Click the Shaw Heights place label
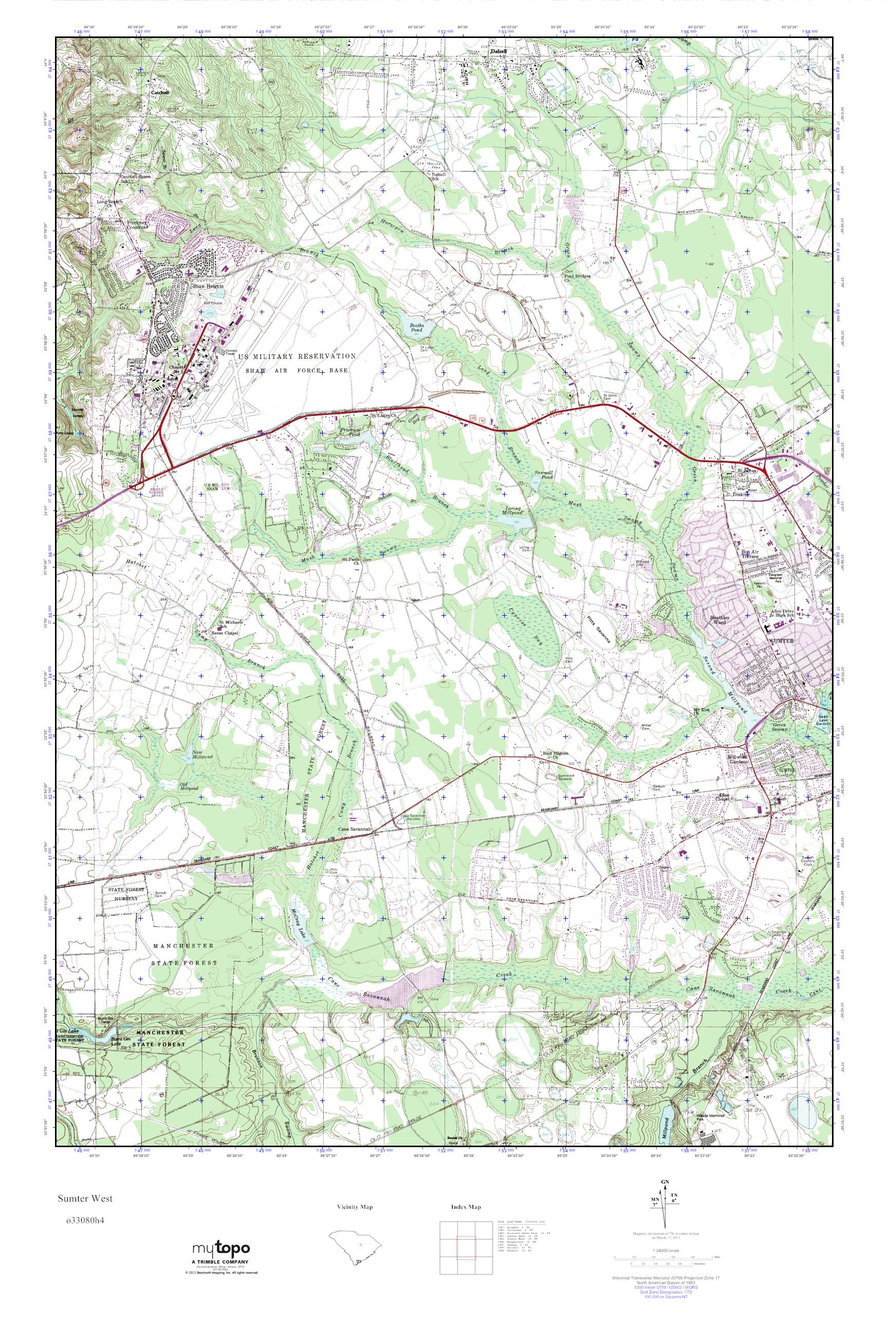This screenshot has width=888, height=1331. tap(208, 287)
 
